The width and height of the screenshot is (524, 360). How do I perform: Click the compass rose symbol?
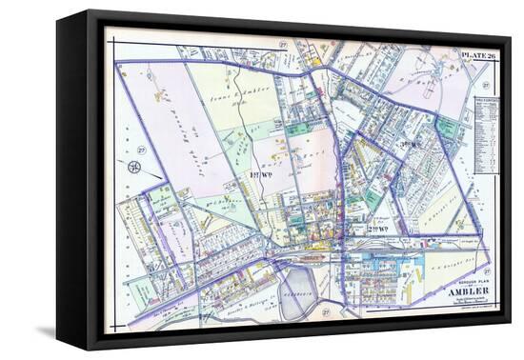click(x=134, y=168)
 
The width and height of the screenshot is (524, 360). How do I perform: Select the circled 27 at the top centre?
click(x=283, y=46)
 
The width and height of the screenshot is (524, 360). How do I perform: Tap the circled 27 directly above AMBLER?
click(x=485, y=271)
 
